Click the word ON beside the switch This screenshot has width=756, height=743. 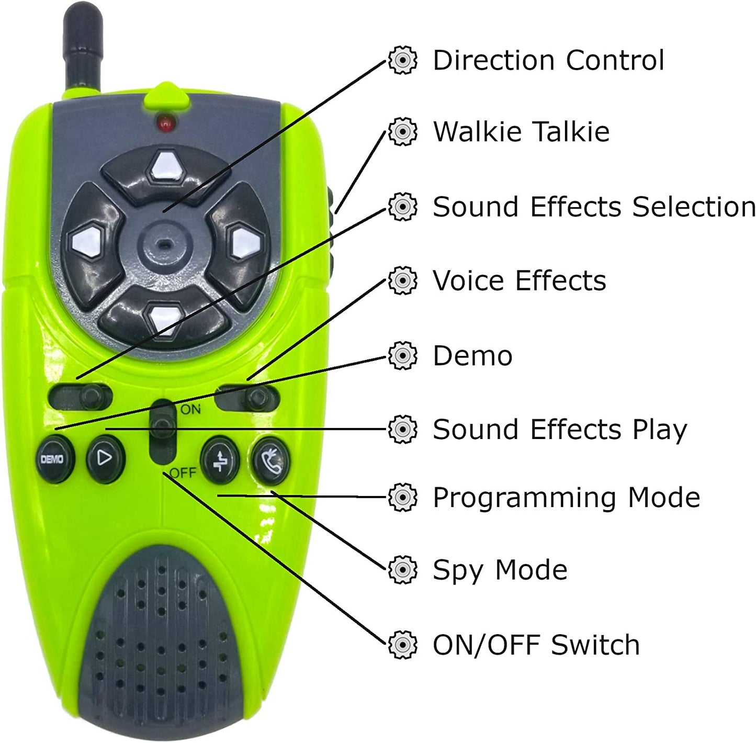tap(190, 409)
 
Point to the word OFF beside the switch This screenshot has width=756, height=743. tap(183, 472)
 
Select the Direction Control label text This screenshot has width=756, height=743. tap(548, 60)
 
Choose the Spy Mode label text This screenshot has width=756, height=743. tap(500, 570)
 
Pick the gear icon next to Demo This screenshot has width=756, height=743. tap(402, 356)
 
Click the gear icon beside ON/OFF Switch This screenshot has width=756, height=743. tap(402, 645)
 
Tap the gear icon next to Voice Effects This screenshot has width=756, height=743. tap(402, 280)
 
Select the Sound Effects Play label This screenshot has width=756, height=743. tap(560, 430)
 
